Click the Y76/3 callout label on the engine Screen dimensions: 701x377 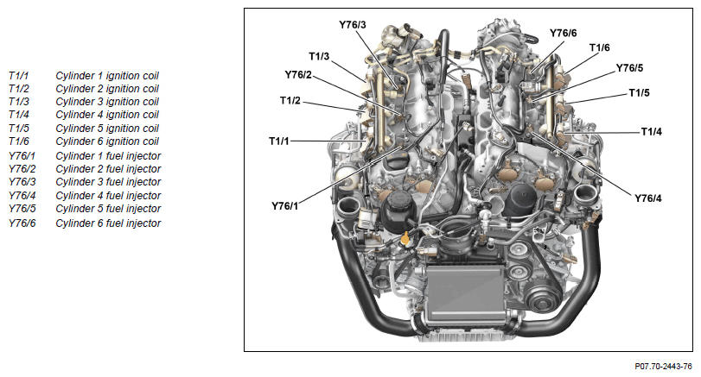(x=353, y=25)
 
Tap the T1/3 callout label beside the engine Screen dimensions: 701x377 (x=319, y=56)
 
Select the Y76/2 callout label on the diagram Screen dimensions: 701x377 (x=298, y=74)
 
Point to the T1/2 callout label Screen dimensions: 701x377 (x=290, y=100)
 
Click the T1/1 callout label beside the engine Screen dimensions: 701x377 (x=279, y=141)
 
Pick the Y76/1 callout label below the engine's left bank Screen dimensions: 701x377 (x=284, y=206)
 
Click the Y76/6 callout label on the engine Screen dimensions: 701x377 (x=564, y=33)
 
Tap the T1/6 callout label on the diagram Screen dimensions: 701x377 (x=600, y=47)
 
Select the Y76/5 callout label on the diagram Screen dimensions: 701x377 (x=629, y=68)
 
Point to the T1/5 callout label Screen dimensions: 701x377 (x=640, y=93)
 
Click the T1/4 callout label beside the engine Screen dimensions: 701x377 (x=652, y=132)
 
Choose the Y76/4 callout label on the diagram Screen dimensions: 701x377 (x=648, y=198)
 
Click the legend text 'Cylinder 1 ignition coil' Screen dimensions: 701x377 (x=107, y=76)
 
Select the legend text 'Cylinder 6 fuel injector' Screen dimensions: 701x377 (x=108, y=223)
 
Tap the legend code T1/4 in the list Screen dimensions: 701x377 (x=19, y=115)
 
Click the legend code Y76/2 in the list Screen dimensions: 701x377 (x=22, y=169)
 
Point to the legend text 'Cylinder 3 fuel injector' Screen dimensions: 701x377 (x=108, y=182)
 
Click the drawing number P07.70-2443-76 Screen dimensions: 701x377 (x=664, y=367)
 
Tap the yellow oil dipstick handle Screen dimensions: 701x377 (x=92, y=238)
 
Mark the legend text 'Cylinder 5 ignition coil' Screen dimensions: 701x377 (x=107, y=129)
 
